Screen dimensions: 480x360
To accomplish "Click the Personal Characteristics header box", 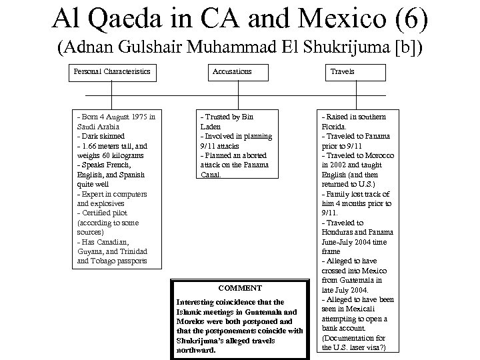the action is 111,71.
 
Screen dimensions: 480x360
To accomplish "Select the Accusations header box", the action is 232,71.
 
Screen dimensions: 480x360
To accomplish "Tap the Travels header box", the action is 343,71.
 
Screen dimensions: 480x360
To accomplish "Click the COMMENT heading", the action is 239,288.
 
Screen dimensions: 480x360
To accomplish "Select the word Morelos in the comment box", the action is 189,321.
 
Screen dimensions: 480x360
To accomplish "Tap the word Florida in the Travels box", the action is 333,126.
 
